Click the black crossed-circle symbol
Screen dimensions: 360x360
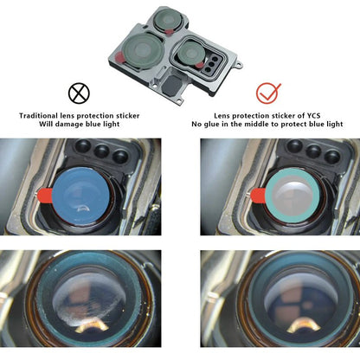click(79, 93)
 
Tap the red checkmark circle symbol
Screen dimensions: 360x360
click(267, 93)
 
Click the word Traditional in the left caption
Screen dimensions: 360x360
click(38, 116)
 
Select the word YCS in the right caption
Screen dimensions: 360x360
click(313, 116)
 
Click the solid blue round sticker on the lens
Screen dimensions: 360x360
click(80, 196)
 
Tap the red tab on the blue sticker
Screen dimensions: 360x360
click(44, 195)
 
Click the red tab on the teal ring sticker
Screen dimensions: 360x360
click(258, 195)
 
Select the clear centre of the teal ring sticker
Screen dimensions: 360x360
click(292, 196)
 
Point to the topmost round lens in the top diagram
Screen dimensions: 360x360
click(168, 19)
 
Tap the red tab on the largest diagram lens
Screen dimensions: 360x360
click(119, 57)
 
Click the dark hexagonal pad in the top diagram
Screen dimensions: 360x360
click(172, 85)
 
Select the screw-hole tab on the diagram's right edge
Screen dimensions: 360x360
click(239, 65)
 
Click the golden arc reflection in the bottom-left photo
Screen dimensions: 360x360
click(93, 327)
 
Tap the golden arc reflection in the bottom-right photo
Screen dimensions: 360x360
click(304, 325)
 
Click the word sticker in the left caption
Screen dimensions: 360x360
click(128, 116)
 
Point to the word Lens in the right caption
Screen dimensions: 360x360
click(222, 116)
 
